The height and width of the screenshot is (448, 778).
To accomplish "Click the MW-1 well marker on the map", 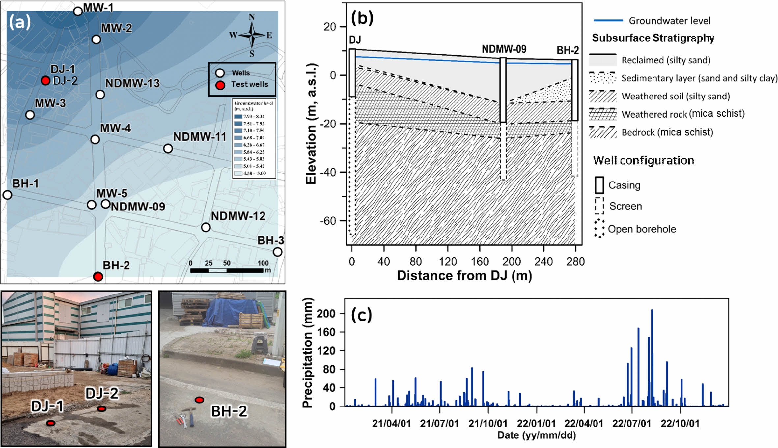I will [78, 11].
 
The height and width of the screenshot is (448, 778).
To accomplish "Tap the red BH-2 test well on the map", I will [98, 277].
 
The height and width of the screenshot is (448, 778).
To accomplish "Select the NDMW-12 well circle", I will [206, 227].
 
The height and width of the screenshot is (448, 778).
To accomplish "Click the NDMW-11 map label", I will [200, 137].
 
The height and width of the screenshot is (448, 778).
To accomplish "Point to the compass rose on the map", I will [252, 35].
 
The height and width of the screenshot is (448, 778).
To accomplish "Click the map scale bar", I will [227, 270].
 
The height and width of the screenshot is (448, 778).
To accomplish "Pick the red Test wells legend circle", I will [220, 85].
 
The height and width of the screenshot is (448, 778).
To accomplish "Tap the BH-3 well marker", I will [278, 252].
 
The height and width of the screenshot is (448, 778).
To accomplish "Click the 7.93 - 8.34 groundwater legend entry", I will [254, 116].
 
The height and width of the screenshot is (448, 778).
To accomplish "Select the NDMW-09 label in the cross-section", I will [504, 49].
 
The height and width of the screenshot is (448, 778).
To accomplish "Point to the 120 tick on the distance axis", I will [448, 262].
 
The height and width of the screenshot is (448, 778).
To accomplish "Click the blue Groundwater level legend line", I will [608, 20].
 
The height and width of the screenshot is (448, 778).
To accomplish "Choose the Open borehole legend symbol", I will [599, 229].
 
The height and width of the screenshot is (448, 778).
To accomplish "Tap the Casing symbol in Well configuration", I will [599, 185].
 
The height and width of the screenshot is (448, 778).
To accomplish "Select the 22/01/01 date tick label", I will [536, 423].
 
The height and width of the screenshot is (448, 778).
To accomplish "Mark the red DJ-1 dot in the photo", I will [51, 423].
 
